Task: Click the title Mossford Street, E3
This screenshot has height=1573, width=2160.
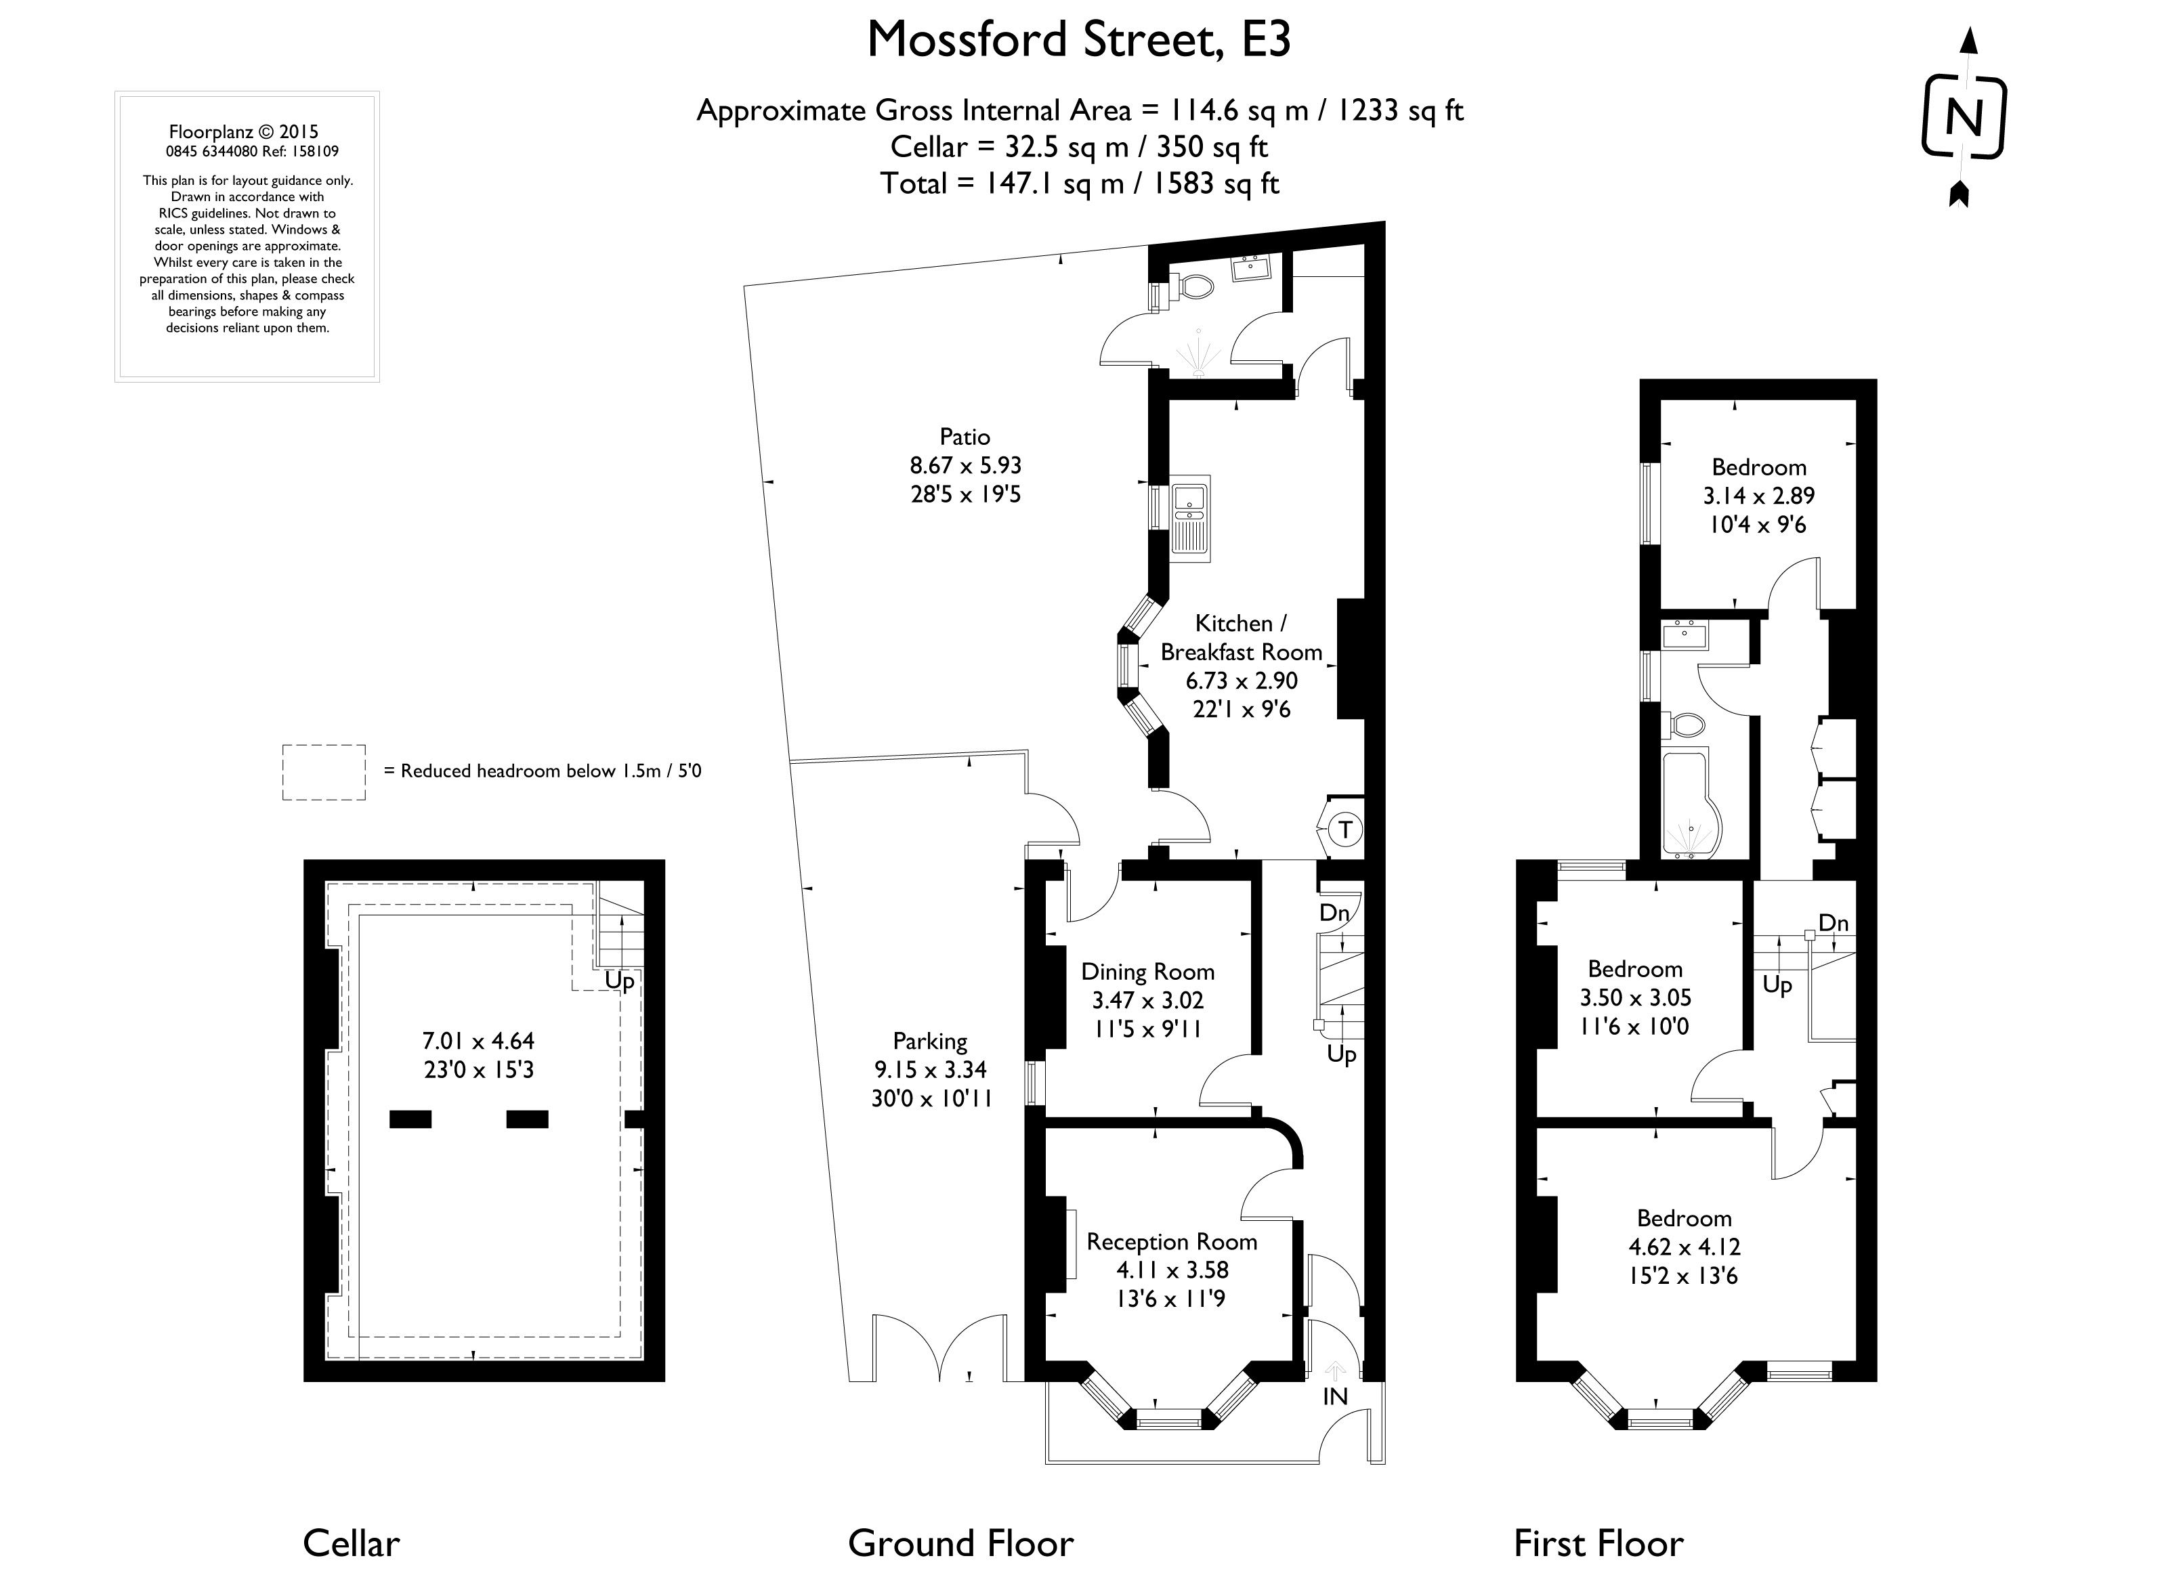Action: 1078,40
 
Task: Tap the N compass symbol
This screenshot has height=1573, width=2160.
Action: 1963,120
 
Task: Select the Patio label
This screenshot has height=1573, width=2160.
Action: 965,437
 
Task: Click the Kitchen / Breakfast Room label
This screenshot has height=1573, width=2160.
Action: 1241,637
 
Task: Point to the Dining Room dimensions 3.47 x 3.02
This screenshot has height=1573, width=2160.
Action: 1147,1001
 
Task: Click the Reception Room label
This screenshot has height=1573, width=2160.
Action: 1171,1242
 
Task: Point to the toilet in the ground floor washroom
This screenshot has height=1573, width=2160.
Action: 1194,286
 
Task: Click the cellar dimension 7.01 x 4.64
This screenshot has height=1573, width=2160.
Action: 479,1041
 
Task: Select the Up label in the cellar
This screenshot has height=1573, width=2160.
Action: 619,981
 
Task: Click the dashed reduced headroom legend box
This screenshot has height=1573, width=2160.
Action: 324,772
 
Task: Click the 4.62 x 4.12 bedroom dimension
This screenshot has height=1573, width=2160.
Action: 1684,1247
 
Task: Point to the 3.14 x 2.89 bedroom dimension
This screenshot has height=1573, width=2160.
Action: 1758,496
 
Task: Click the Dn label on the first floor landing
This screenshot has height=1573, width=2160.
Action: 1834,923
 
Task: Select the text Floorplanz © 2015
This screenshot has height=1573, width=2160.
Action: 244,132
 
